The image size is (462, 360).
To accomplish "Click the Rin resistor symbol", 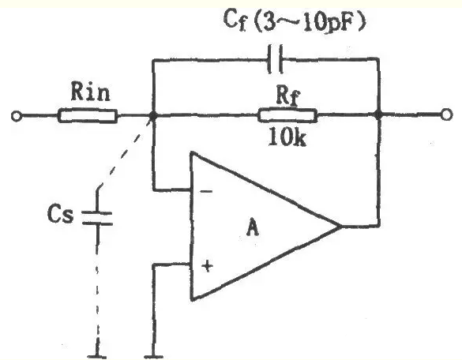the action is pos(88,116).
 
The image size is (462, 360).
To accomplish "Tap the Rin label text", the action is pos(91,92).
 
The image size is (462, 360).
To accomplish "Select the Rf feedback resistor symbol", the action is pos(287,115).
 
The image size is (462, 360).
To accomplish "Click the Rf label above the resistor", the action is pos(287,96).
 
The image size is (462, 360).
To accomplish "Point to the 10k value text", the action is pos(287,137).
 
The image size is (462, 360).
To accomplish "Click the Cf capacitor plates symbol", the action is pos(276,59).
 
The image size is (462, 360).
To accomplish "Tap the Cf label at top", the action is pos(235,20).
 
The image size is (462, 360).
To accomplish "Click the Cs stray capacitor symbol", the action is pos(97,219).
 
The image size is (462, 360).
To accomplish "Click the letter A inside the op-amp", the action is pos(253,227).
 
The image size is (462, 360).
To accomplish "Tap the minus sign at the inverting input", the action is pos(206,192).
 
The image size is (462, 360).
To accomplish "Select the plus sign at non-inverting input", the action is pos(208,266).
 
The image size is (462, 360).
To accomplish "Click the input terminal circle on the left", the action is pos(17,116).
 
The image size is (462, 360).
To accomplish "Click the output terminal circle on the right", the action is pos(446,114).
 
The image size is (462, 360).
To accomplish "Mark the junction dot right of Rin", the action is pos(153,115).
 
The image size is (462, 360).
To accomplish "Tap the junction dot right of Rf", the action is pos(378,114).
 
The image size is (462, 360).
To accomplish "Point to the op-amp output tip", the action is pos(342,227).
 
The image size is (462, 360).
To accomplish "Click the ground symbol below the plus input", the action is pos(153,357).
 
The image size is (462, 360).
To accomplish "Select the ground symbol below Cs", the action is pos(97,357).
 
